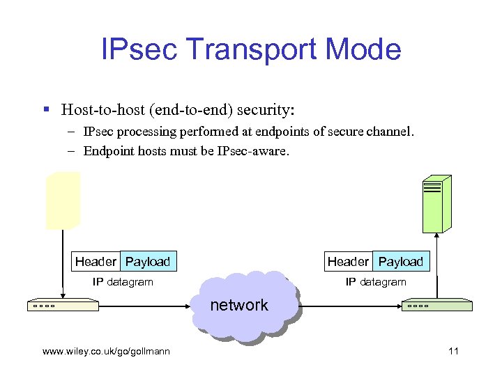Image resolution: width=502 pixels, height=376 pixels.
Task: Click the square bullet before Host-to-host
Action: coord(47,110)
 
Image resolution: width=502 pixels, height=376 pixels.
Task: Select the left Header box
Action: coord(96,262)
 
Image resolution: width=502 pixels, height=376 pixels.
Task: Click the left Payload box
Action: coord(148,262)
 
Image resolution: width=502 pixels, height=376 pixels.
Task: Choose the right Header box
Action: coord(348,262)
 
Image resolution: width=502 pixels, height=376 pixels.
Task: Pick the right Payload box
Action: coord(401,262)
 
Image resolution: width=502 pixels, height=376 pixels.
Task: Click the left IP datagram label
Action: coord(123,282)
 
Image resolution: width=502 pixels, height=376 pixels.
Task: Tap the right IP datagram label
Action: coord(376,282)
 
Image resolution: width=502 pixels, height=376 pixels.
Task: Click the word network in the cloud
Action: coord(239,305)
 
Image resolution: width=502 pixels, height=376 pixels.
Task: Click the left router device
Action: coord(63,306)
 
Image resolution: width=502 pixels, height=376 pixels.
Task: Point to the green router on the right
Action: coord(436,306)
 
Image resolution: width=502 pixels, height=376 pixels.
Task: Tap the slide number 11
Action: coord(453,351)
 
